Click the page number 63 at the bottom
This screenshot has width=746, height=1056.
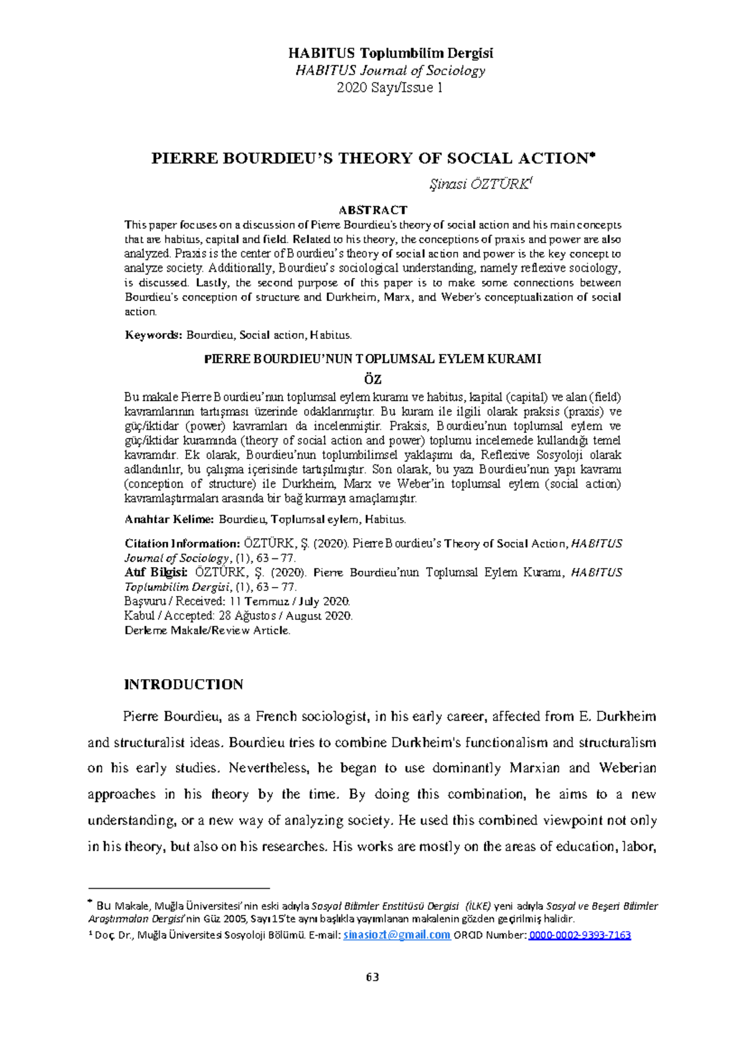click(372, 976)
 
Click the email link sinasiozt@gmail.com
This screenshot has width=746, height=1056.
click(397, 935)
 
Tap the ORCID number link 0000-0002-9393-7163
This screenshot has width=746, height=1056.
click(579, 935)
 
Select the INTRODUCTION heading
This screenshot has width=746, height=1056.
click(183, 684)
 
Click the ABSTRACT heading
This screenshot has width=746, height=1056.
click(372, 210)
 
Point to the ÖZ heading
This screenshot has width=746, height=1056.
click(372, 379)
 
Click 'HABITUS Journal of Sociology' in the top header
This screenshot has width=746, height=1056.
click(390, 71)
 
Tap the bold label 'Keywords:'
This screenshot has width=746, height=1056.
click(154, 335)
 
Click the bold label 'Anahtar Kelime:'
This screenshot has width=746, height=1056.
click(169, 519)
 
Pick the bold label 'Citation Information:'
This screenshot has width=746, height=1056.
click(182, 544)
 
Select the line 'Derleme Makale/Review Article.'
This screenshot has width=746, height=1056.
click(208, 630)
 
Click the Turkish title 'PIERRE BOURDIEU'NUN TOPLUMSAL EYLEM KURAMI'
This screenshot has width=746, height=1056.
click(372, 359)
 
